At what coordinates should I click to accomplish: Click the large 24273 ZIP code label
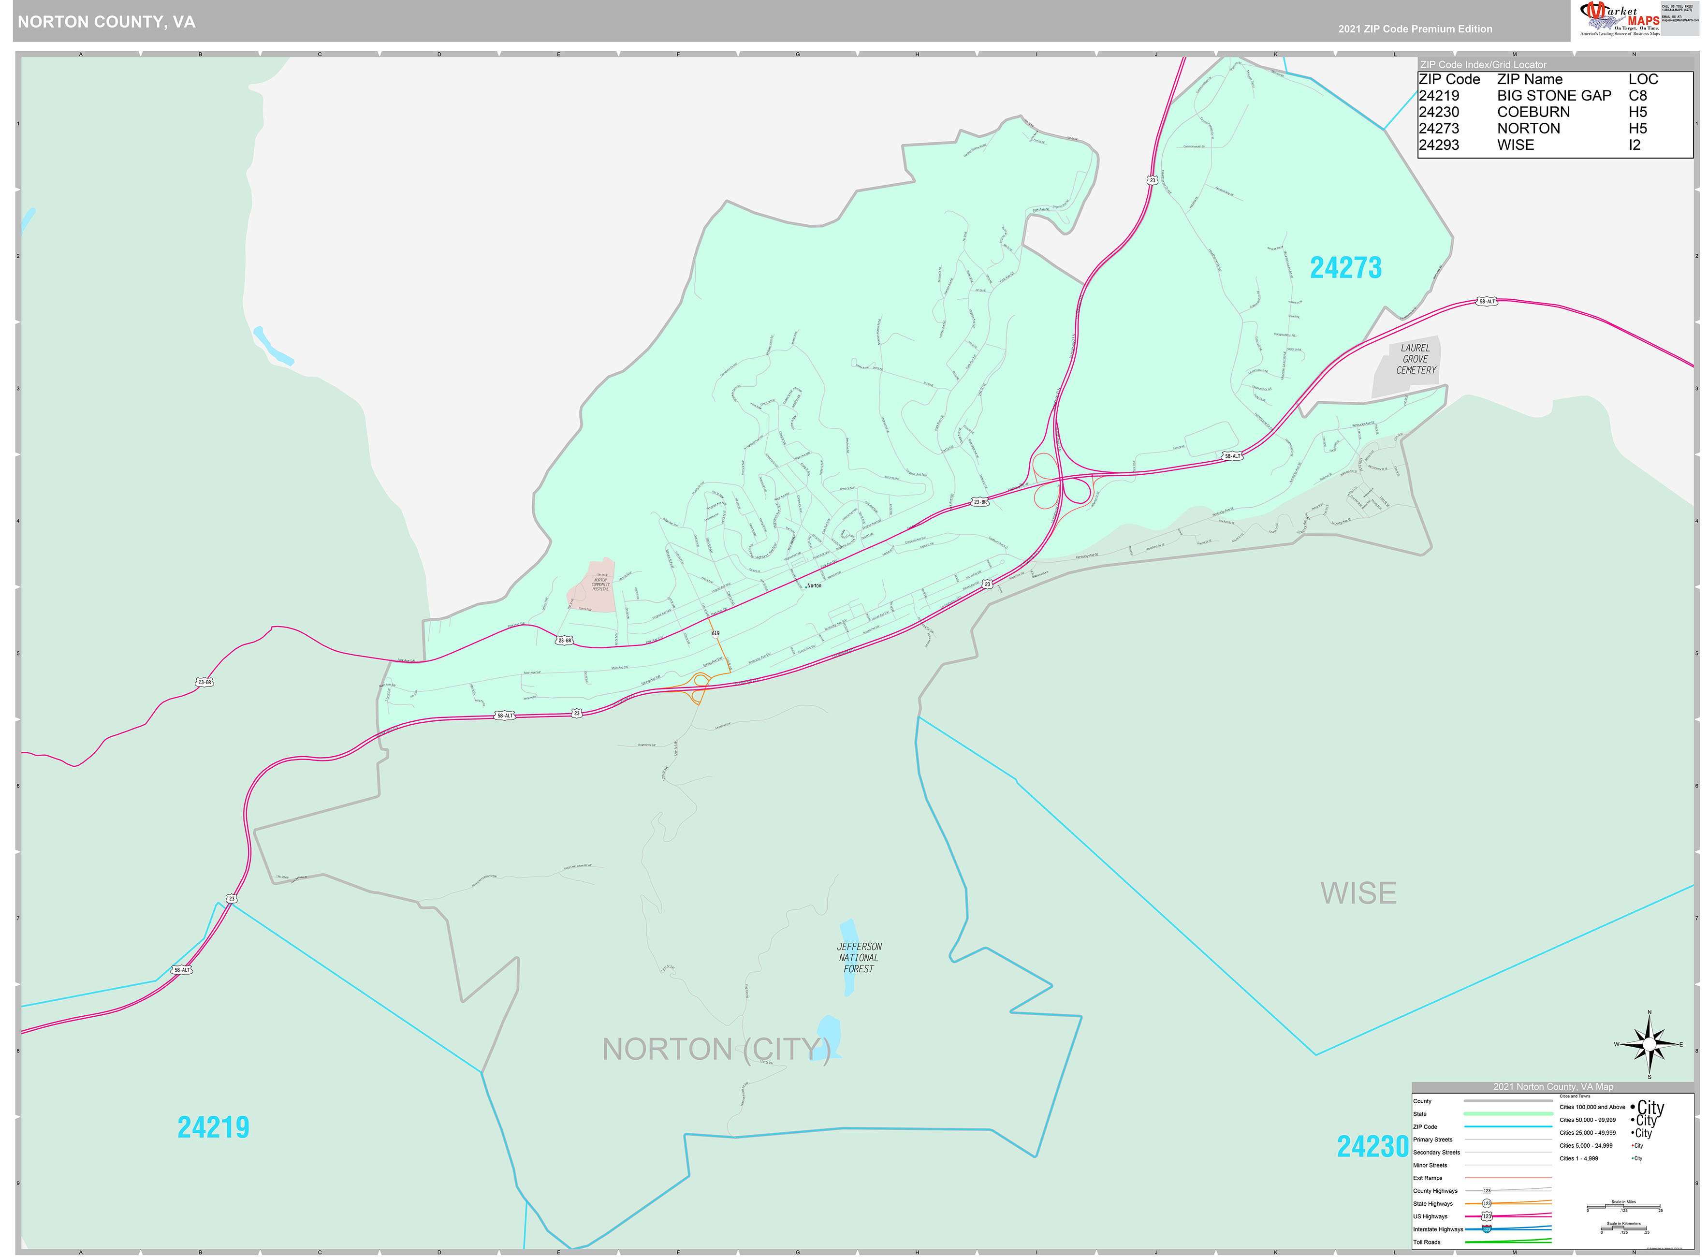[x=1344, y=268]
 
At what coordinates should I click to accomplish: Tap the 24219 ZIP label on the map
[x=213, y=1127]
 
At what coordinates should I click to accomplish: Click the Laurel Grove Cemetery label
[x=1415, y=359]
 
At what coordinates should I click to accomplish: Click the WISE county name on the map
[x=1358, y=893]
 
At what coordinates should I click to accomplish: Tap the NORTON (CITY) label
[x=715, y=1049]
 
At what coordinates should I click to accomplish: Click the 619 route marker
[x=715, y=633]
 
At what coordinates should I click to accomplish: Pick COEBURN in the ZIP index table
[x=1532, y=112]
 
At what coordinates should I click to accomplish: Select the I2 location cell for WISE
[x=1634, y=145]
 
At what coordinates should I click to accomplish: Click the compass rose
[x=1649, y=1044]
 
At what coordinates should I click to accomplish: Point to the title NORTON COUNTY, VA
[x=106, y=22]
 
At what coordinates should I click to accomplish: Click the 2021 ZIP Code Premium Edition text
[x=1415, y=29]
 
